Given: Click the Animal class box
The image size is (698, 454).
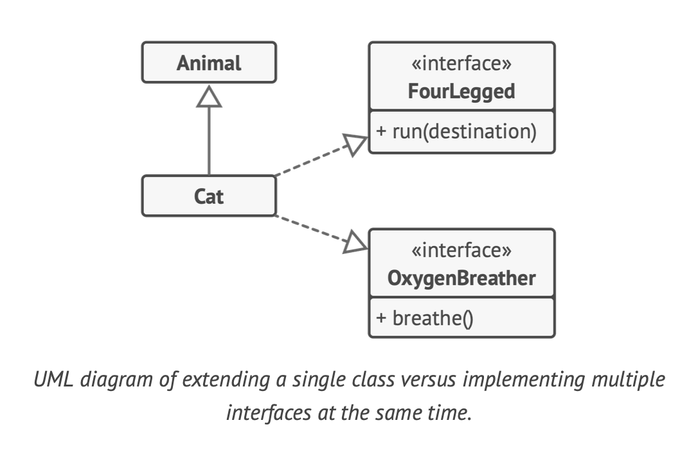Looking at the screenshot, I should (209, 63).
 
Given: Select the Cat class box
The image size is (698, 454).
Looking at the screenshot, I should (209, 195).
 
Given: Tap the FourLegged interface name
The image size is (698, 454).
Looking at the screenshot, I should (461, 91).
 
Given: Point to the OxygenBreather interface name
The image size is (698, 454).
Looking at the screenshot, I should (461, 278).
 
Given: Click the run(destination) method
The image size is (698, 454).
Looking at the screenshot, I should (463, 131).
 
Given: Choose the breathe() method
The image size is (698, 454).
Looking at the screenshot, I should (432, 318).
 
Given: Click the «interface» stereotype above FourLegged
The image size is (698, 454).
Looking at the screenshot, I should (461, 64).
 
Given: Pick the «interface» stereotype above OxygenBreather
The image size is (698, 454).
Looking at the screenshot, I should (461, 251).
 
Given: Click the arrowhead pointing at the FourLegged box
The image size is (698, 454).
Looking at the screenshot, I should (355, 144).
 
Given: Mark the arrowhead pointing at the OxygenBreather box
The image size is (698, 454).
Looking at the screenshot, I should (355, 243).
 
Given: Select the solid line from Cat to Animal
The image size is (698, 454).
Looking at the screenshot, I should (209, 141).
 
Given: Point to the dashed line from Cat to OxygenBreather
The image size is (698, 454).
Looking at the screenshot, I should (309, 228).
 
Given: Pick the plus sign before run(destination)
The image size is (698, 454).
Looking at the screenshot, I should (381, 131).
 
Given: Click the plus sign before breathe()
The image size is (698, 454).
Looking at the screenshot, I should (381, 318).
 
